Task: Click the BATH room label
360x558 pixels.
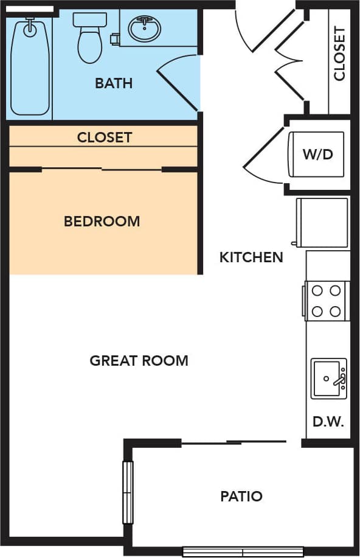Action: point(114,83)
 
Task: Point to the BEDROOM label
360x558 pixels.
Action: point(102,221)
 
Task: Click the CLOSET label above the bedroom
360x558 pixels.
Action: point(104,137)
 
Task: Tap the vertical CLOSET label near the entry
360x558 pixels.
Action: point(339,53)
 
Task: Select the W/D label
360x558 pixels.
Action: point(318,154)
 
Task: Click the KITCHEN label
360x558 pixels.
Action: point(251,257)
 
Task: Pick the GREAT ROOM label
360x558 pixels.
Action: point(139,360)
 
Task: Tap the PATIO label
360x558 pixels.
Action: point(241,496)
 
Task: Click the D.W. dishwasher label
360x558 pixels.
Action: point(328,421)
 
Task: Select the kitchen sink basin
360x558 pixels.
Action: point(329,378)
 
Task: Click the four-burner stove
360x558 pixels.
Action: point(327,301)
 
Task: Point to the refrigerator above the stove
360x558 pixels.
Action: point(322,223)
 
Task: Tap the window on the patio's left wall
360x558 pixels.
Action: point(128,492)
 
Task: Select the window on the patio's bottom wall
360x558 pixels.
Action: point(243,553)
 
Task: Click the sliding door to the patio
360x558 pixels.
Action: point(234,442)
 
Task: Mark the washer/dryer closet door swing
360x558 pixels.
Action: point(265,156)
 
